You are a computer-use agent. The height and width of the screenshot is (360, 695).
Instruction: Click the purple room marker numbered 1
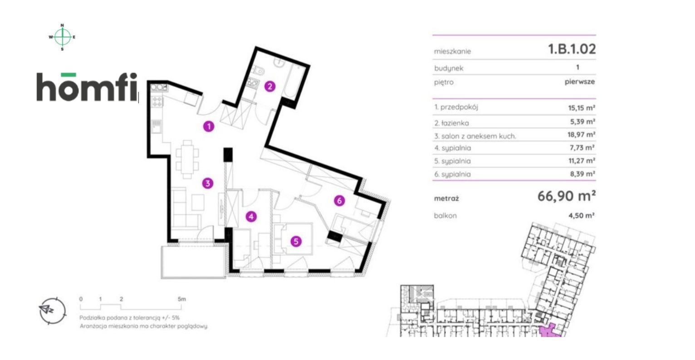208,126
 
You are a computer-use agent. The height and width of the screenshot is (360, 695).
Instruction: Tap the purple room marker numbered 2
270,86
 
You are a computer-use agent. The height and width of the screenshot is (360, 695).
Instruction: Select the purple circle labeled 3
207,184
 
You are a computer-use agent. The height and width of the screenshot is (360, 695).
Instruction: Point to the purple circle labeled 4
251,217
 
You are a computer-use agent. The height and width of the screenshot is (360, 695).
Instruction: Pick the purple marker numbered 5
296,242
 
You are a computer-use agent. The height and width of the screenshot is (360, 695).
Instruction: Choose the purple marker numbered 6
339,200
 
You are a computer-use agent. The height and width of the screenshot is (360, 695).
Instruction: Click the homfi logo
86,87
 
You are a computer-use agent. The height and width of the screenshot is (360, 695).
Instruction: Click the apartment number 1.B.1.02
572,49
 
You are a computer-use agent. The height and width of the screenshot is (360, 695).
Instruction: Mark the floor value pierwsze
579,82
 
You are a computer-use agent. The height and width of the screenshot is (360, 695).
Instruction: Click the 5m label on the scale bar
181,299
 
